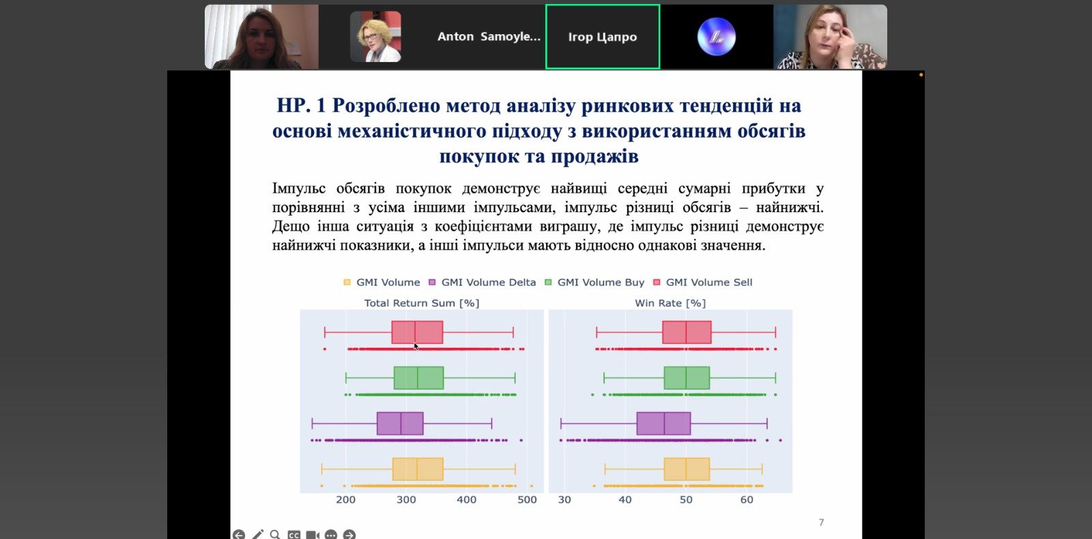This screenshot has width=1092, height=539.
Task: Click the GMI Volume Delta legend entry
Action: pos(482,282)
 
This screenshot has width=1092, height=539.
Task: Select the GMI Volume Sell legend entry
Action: pos(703,282)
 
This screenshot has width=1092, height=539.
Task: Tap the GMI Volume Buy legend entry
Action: pos(594,282)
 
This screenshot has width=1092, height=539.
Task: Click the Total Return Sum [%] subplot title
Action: pos(422,303)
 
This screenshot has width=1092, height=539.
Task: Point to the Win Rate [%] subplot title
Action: pos(670,303)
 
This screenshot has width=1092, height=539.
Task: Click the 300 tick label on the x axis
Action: pos(406,499)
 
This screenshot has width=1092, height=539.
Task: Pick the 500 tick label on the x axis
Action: pos(527,499)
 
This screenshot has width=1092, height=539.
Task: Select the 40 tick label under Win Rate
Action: pos(625,499)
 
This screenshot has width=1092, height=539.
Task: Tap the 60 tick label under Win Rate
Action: pos(747,499)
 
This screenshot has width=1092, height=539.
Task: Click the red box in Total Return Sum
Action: pos(417,332)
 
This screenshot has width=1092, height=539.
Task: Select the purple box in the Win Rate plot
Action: pos(663,424)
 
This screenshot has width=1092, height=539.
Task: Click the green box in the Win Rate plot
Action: pos(687,378)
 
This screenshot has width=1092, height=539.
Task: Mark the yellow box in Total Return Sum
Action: pos(418,469)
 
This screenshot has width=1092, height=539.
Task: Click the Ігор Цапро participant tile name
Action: pos(603,37)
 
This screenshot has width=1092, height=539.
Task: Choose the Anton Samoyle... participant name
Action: pos(489,37)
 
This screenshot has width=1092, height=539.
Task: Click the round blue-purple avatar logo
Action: pos(716,37)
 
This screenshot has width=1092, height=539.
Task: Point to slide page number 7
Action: pos(822,523)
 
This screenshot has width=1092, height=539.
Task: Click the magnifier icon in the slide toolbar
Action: pos(276,535)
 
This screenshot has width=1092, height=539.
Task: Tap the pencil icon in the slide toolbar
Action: pos(257,535)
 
